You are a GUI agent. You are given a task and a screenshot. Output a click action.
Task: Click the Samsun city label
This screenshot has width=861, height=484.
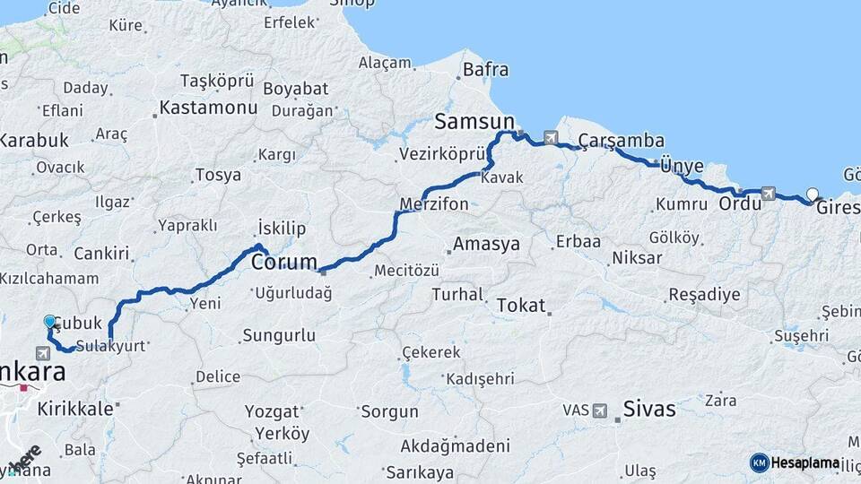[474, 121]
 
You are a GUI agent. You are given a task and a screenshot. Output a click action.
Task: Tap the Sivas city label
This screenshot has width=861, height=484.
[649, 410]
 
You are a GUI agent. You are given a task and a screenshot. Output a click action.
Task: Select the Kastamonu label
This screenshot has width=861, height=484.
[208, 108]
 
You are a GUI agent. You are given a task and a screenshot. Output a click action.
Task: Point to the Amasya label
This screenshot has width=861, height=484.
[487, 244]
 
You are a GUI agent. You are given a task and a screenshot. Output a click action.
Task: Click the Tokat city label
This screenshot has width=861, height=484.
[520, 305]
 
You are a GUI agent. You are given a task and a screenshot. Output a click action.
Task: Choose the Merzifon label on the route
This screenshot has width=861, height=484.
[434, 204]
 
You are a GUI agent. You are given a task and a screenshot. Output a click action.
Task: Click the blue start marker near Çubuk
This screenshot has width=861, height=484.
[50, 321]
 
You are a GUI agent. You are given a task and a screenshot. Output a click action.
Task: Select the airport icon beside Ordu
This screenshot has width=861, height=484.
[768, 193]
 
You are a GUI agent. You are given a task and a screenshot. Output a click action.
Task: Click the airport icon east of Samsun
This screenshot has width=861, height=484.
[549, 138]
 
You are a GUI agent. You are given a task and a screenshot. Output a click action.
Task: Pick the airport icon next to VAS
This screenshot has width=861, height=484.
[600, 411]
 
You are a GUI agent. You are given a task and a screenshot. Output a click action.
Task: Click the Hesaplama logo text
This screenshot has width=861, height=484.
[806, 462]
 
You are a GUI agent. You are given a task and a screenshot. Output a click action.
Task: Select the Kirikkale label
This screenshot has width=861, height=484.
[75, 409]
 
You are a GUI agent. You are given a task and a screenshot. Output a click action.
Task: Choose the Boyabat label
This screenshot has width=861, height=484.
[296, 90]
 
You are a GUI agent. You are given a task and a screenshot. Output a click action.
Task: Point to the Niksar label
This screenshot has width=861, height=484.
[636, 258]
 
